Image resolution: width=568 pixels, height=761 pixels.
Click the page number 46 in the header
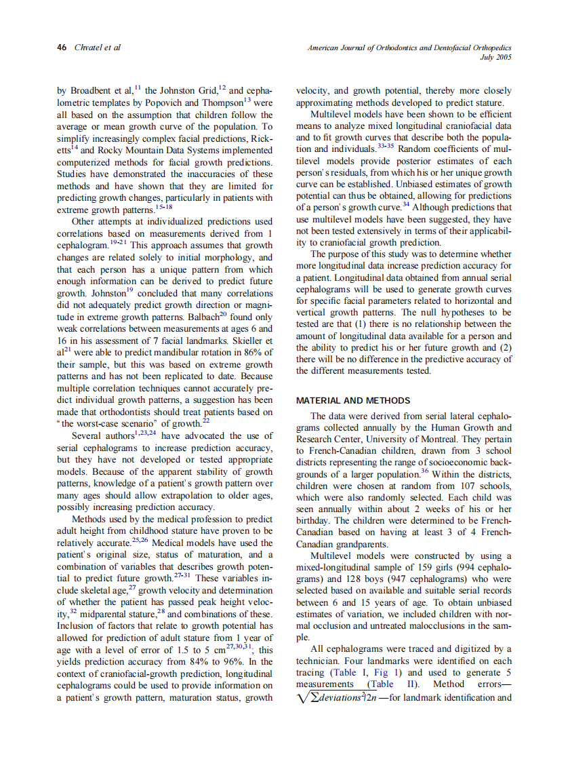tap(62, 48)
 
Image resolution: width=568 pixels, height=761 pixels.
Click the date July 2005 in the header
tap(495, 58)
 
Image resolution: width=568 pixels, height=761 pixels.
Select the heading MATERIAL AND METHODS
tap(353, 401)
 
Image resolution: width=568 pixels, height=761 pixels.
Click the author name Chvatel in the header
tap(89, 48)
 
